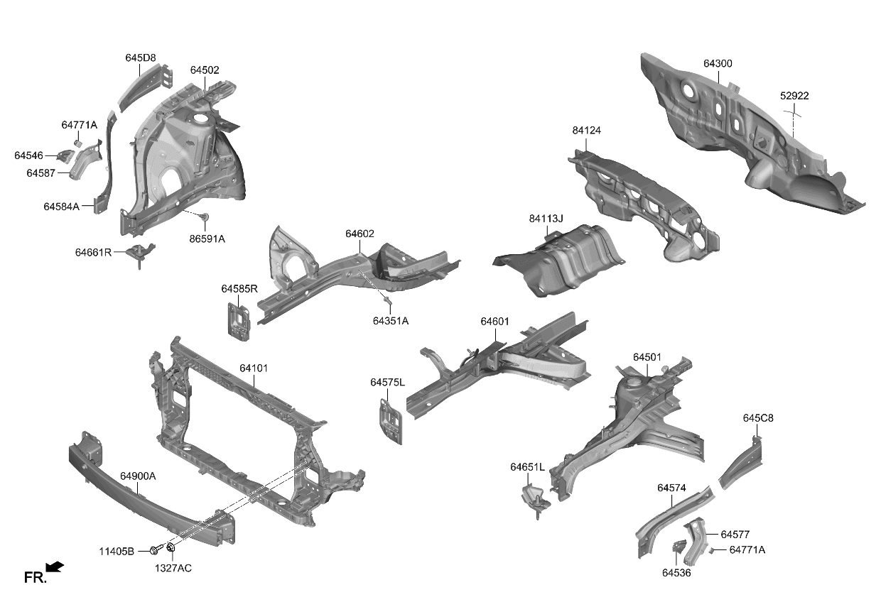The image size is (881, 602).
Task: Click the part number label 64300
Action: (x=718, y=64)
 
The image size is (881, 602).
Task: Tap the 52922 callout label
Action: (x=794, y=96)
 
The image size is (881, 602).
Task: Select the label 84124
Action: (x=586, y=131)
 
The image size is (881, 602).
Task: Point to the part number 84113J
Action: (x=546, y=219)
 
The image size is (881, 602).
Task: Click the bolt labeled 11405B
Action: (x=154, y=550)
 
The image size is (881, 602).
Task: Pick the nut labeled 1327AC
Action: (x=171, y=549)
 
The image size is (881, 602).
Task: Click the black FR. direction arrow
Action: (x=54, y=567)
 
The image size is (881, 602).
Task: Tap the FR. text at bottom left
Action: (x=35, y=578)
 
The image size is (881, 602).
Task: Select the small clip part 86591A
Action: (x=205, y=217)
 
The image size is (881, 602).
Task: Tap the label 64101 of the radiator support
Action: (x=254, y=368)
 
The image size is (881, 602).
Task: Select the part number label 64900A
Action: (x=138, y=476)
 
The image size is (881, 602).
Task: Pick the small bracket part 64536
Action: (x=679, y=551)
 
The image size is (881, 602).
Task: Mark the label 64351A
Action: (x=390, y=321)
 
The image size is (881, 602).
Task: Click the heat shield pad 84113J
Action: (x=561, y=259)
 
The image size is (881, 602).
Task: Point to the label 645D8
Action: (x=141, y=58)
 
